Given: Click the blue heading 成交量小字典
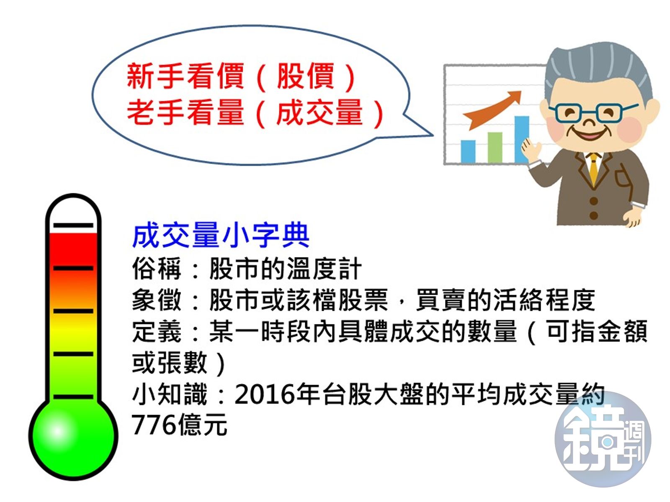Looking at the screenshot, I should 221,236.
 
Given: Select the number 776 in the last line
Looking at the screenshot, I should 154,425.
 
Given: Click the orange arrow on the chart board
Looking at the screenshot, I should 494,110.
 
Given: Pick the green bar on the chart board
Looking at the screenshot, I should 495,147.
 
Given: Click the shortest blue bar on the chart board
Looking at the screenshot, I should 468,151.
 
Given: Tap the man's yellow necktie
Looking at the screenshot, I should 593,167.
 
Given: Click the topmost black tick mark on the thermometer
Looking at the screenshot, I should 73,225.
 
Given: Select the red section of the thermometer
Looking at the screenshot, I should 73,249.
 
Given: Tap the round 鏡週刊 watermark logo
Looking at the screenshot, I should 603,439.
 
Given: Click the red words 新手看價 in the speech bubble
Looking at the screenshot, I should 185,76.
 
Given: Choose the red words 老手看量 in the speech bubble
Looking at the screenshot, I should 185,112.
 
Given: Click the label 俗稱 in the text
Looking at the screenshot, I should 157,269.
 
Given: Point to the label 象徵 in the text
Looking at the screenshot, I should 157,300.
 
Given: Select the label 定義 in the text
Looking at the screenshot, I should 157,331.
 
